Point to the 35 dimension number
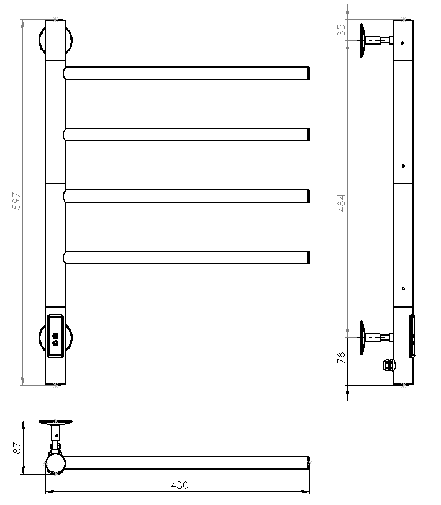pyautogui.click(x=341, y=30)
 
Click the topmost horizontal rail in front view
pyautogui.click(x=186, y=73)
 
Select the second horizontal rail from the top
pyautogui.click(x=186, y=135)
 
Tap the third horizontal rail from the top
pyautogui.click(x=186, y=196)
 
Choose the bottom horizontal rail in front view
pyautogui.click(x=186, y=257)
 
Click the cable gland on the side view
pyautogui.click(x=388, y=365)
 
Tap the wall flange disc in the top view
pyautogui.click(x=57, y=422)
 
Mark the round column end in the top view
pyautogui.click(x=55, y=463)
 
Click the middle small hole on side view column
pyautogui.click(x=404, y=166)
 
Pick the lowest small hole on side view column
pyautogui.click(x=404, y=288)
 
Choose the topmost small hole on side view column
pyautogui.click(x=404, y=43)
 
